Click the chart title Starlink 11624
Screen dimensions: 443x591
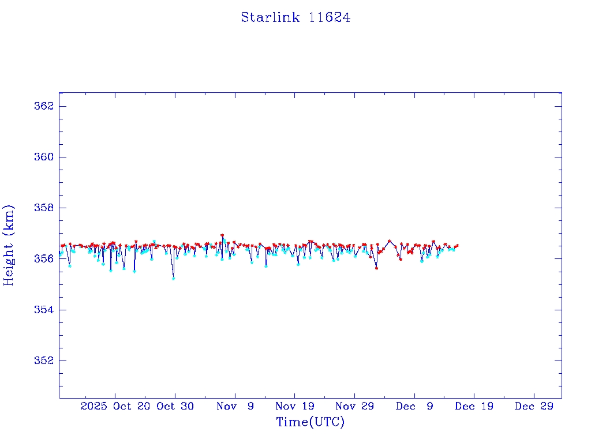[x=295, y=18]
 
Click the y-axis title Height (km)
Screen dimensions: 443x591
[x=9, y=245]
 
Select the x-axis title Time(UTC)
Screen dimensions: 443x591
[x=311, y=422]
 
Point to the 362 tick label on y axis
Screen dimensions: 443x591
[x=45, y=106]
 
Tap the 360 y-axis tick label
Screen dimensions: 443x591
[x=45, y=157]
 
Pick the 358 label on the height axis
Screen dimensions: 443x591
[x=45, y=208]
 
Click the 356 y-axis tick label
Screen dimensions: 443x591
[x=45, y=258]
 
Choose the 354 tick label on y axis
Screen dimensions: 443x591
[x=45, y=310]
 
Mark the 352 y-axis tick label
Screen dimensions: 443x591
[x=45, y=361]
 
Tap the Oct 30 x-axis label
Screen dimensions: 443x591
[x=175, y=406]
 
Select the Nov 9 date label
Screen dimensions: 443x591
[x=235, y=406]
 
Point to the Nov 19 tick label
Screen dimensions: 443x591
[x=294, y=406]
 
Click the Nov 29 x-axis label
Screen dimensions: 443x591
[x=354, y=406]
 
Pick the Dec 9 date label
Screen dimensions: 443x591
[x=414, y=406]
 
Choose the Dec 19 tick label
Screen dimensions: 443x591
[x=474, y=406]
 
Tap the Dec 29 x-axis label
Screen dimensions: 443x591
[x=534, y=406]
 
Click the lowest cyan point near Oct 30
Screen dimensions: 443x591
[x=173, y=279]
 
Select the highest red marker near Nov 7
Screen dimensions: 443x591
[x=222, y=235]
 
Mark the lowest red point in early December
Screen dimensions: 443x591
[x=376, y=268]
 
